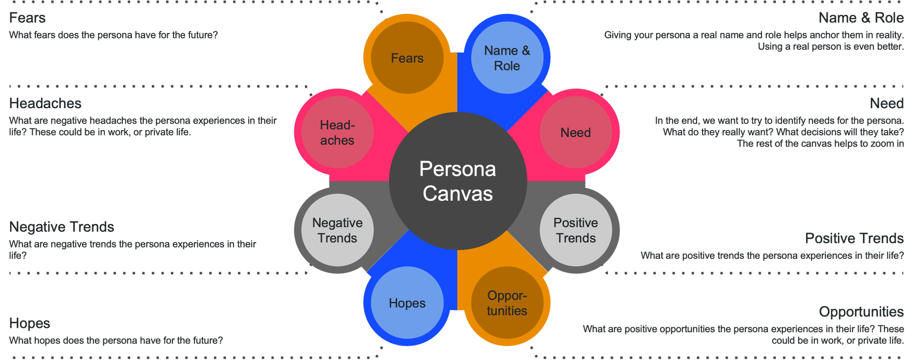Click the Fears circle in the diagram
point(407,58)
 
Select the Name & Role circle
point(507,58)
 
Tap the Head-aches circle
point(337,132)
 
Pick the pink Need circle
point(575,132)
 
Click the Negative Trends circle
point(337,230)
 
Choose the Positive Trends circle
point(575,230)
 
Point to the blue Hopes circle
point(407,303)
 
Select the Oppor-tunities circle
point(507,303)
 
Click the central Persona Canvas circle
point(458,181)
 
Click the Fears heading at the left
point(27,18)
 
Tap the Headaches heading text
point(45,103)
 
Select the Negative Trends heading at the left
point(61,227)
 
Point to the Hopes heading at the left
point(30,323)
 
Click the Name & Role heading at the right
point(861,18)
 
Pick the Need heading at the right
point(886,103)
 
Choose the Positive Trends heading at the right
point(854,238)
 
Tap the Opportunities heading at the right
point(861,312)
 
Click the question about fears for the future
point(113,35)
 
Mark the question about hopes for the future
point(116,341)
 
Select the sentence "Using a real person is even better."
point(830,47)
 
